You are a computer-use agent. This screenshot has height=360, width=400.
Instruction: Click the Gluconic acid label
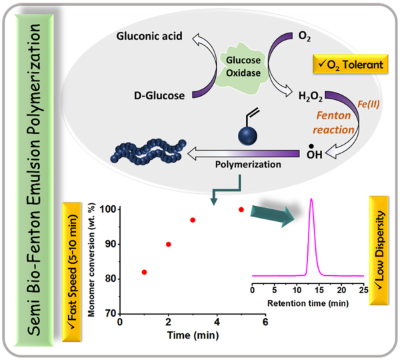pos(149,36)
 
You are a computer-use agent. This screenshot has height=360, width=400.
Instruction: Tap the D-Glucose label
pos(159,96)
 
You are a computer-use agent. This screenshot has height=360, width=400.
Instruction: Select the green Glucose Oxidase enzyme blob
pos(243,67)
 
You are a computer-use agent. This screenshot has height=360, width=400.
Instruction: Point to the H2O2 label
pos(310,97)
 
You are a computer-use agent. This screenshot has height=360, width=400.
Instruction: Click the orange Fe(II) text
pos(368,104)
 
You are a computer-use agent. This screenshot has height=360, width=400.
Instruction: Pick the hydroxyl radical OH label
pos(314,153)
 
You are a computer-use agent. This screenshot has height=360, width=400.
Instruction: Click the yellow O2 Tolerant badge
pos(350,64)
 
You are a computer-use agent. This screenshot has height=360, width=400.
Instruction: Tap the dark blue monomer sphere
pos(248,136)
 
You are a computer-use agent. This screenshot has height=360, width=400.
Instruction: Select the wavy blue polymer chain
pos(149,153)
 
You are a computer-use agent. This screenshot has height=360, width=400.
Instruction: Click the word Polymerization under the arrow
pos(248,164)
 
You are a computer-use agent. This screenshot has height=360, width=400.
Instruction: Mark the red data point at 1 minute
pos(144,272)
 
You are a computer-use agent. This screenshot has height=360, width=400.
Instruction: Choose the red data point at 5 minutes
pos(241,209)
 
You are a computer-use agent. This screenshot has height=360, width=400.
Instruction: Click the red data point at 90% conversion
pos(168,244)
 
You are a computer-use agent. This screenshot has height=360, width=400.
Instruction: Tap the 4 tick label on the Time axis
pos(217,322)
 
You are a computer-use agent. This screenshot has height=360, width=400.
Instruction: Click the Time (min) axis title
pos(193,335)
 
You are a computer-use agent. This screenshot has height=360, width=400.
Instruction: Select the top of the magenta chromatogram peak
pos(311,199)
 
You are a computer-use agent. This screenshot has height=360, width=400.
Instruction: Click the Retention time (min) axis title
pos(308,303)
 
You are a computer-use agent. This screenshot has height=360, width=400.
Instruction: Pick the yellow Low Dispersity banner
pos(379,250)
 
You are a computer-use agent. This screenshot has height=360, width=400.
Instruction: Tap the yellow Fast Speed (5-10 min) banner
pos(72,272)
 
